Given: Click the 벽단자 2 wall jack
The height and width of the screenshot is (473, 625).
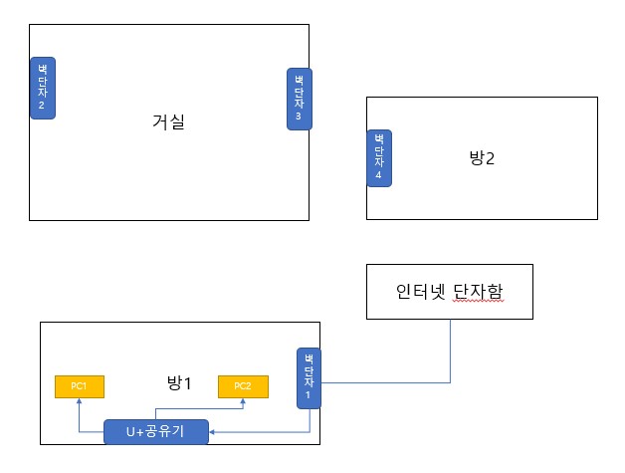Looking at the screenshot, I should pos(43,88).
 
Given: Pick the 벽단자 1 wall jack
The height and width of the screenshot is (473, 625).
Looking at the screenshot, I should pos(310,377).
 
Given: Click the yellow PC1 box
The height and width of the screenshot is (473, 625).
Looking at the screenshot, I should pos(79,386).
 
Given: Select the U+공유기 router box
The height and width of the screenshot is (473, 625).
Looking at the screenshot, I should pos(157,431).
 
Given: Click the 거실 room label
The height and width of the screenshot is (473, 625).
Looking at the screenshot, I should pos(169,123).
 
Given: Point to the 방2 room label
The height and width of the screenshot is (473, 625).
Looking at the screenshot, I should pos(482,157).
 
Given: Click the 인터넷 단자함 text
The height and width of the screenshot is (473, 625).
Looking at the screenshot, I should pos(450,292).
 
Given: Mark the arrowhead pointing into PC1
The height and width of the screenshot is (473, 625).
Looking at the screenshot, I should pos(79,401).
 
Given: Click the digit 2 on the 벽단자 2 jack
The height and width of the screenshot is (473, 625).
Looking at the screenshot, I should pos(43,105).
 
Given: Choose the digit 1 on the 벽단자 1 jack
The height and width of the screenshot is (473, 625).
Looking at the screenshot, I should pos(310,395).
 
